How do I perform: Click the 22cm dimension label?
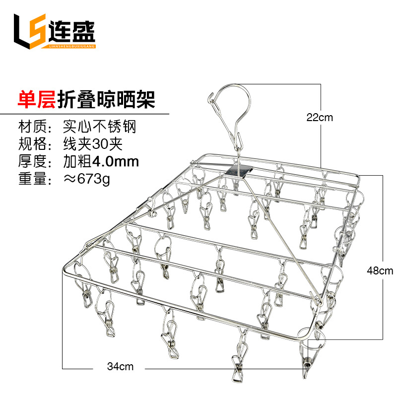(319, 118)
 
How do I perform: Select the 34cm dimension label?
(120, 367)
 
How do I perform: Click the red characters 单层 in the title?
(36, 98)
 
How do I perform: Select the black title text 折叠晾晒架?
(106, 98)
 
